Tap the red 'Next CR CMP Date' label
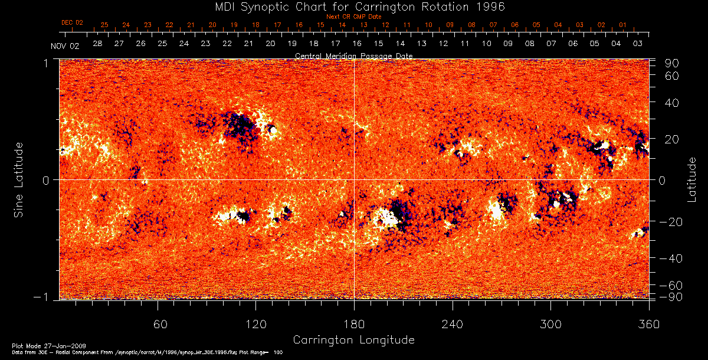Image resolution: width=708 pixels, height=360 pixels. (353, 17)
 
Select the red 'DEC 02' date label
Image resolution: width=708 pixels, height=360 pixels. (72, 22)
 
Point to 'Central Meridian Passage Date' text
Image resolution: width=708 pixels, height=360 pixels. (353, 55)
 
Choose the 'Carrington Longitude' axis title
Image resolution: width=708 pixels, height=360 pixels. (353, 340)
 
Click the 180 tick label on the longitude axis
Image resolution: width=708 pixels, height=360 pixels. (353, 324)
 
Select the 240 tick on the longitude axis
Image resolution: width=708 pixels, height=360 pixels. (452, 324)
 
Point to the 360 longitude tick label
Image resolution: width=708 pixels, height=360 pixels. (648, 324)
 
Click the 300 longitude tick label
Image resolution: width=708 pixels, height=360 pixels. (550, 324)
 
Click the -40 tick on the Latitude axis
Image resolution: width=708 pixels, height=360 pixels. (670, 258)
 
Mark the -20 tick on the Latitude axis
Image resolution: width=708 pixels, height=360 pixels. (670, 222)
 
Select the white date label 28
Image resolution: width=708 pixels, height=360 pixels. (97, 44)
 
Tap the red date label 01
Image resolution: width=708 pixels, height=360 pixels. (622, 25)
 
